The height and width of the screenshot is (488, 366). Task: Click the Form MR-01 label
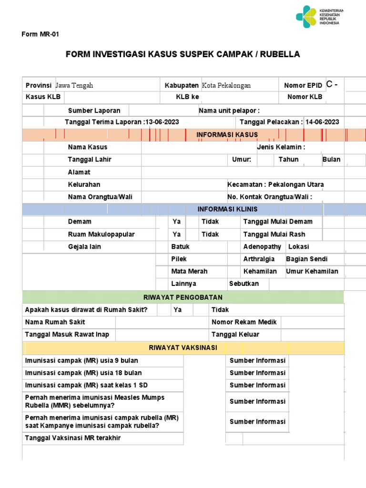41,34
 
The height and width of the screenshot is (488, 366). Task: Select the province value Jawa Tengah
74,86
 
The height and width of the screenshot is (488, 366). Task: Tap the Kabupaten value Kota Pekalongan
226,86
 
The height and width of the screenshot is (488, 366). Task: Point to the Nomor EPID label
303,86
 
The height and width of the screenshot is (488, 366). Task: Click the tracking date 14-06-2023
322,122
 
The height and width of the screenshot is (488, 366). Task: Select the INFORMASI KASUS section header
227,135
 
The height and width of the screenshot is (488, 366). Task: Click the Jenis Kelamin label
281,147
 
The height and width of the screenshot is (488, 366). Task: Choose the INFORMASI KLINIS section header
227,210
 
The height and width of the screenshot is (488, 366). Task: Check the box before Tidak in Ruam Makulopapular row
192,234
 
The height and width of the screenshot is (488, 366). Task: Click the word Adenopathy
262,247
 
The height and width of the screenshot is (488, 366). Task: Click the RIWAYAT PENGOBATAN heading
183,297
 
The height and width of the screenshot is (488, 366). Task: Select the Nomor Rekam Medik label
244,322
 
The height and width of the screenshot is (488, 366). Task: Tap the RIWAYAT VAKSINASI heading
183,348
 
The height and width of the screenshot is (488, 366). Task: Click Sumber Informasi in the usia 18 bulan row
257,373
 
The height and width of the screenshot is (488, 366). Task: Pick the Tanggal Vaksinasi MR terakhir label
73,438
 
